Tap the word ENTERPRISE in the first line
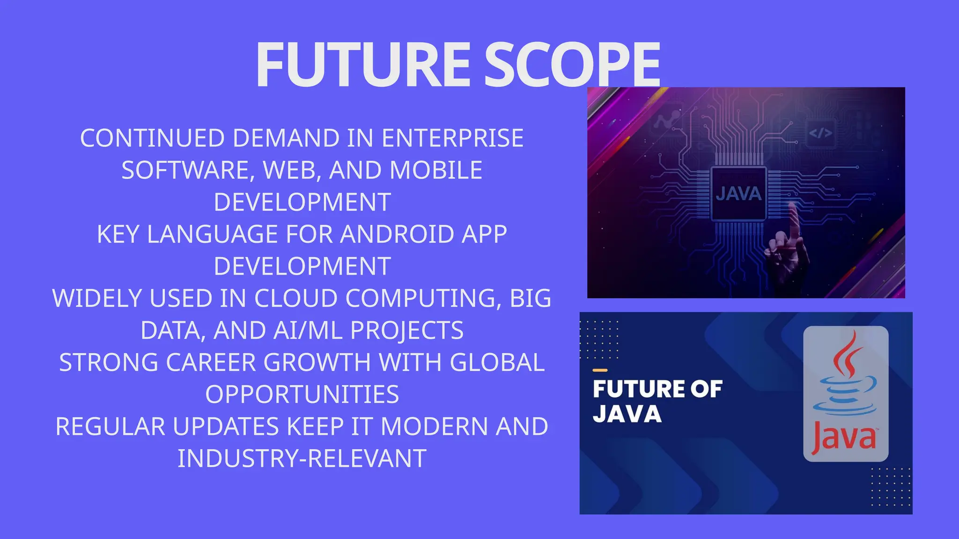click(x=452, y=138)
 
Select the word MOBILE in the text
click(x=435, y=170)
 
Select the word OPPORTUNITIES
click(x=302, y=394)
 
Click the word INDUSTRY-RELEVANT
click(x=302, y=459)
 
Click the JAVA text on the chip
click(x=738, y=194)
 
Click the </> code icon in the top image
click(x=820, y=133)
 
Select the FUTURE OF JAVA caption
click(x=657, y=401)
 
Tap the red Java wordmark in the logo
click(x=844, y=437)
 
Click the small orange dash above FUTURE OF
click(x=600, y=370)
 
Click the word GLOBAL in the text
click(x=497, y=362)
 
